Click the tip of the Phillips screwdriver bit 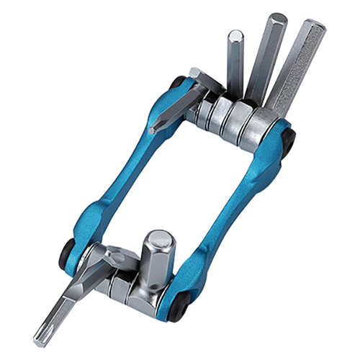point(154,130)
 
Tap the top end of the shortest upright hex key point(235,35)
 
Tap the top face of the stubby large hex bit point(159,238)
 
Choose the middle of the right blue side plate point(230,216)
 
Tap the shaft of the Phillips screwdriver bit point(173,108)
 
